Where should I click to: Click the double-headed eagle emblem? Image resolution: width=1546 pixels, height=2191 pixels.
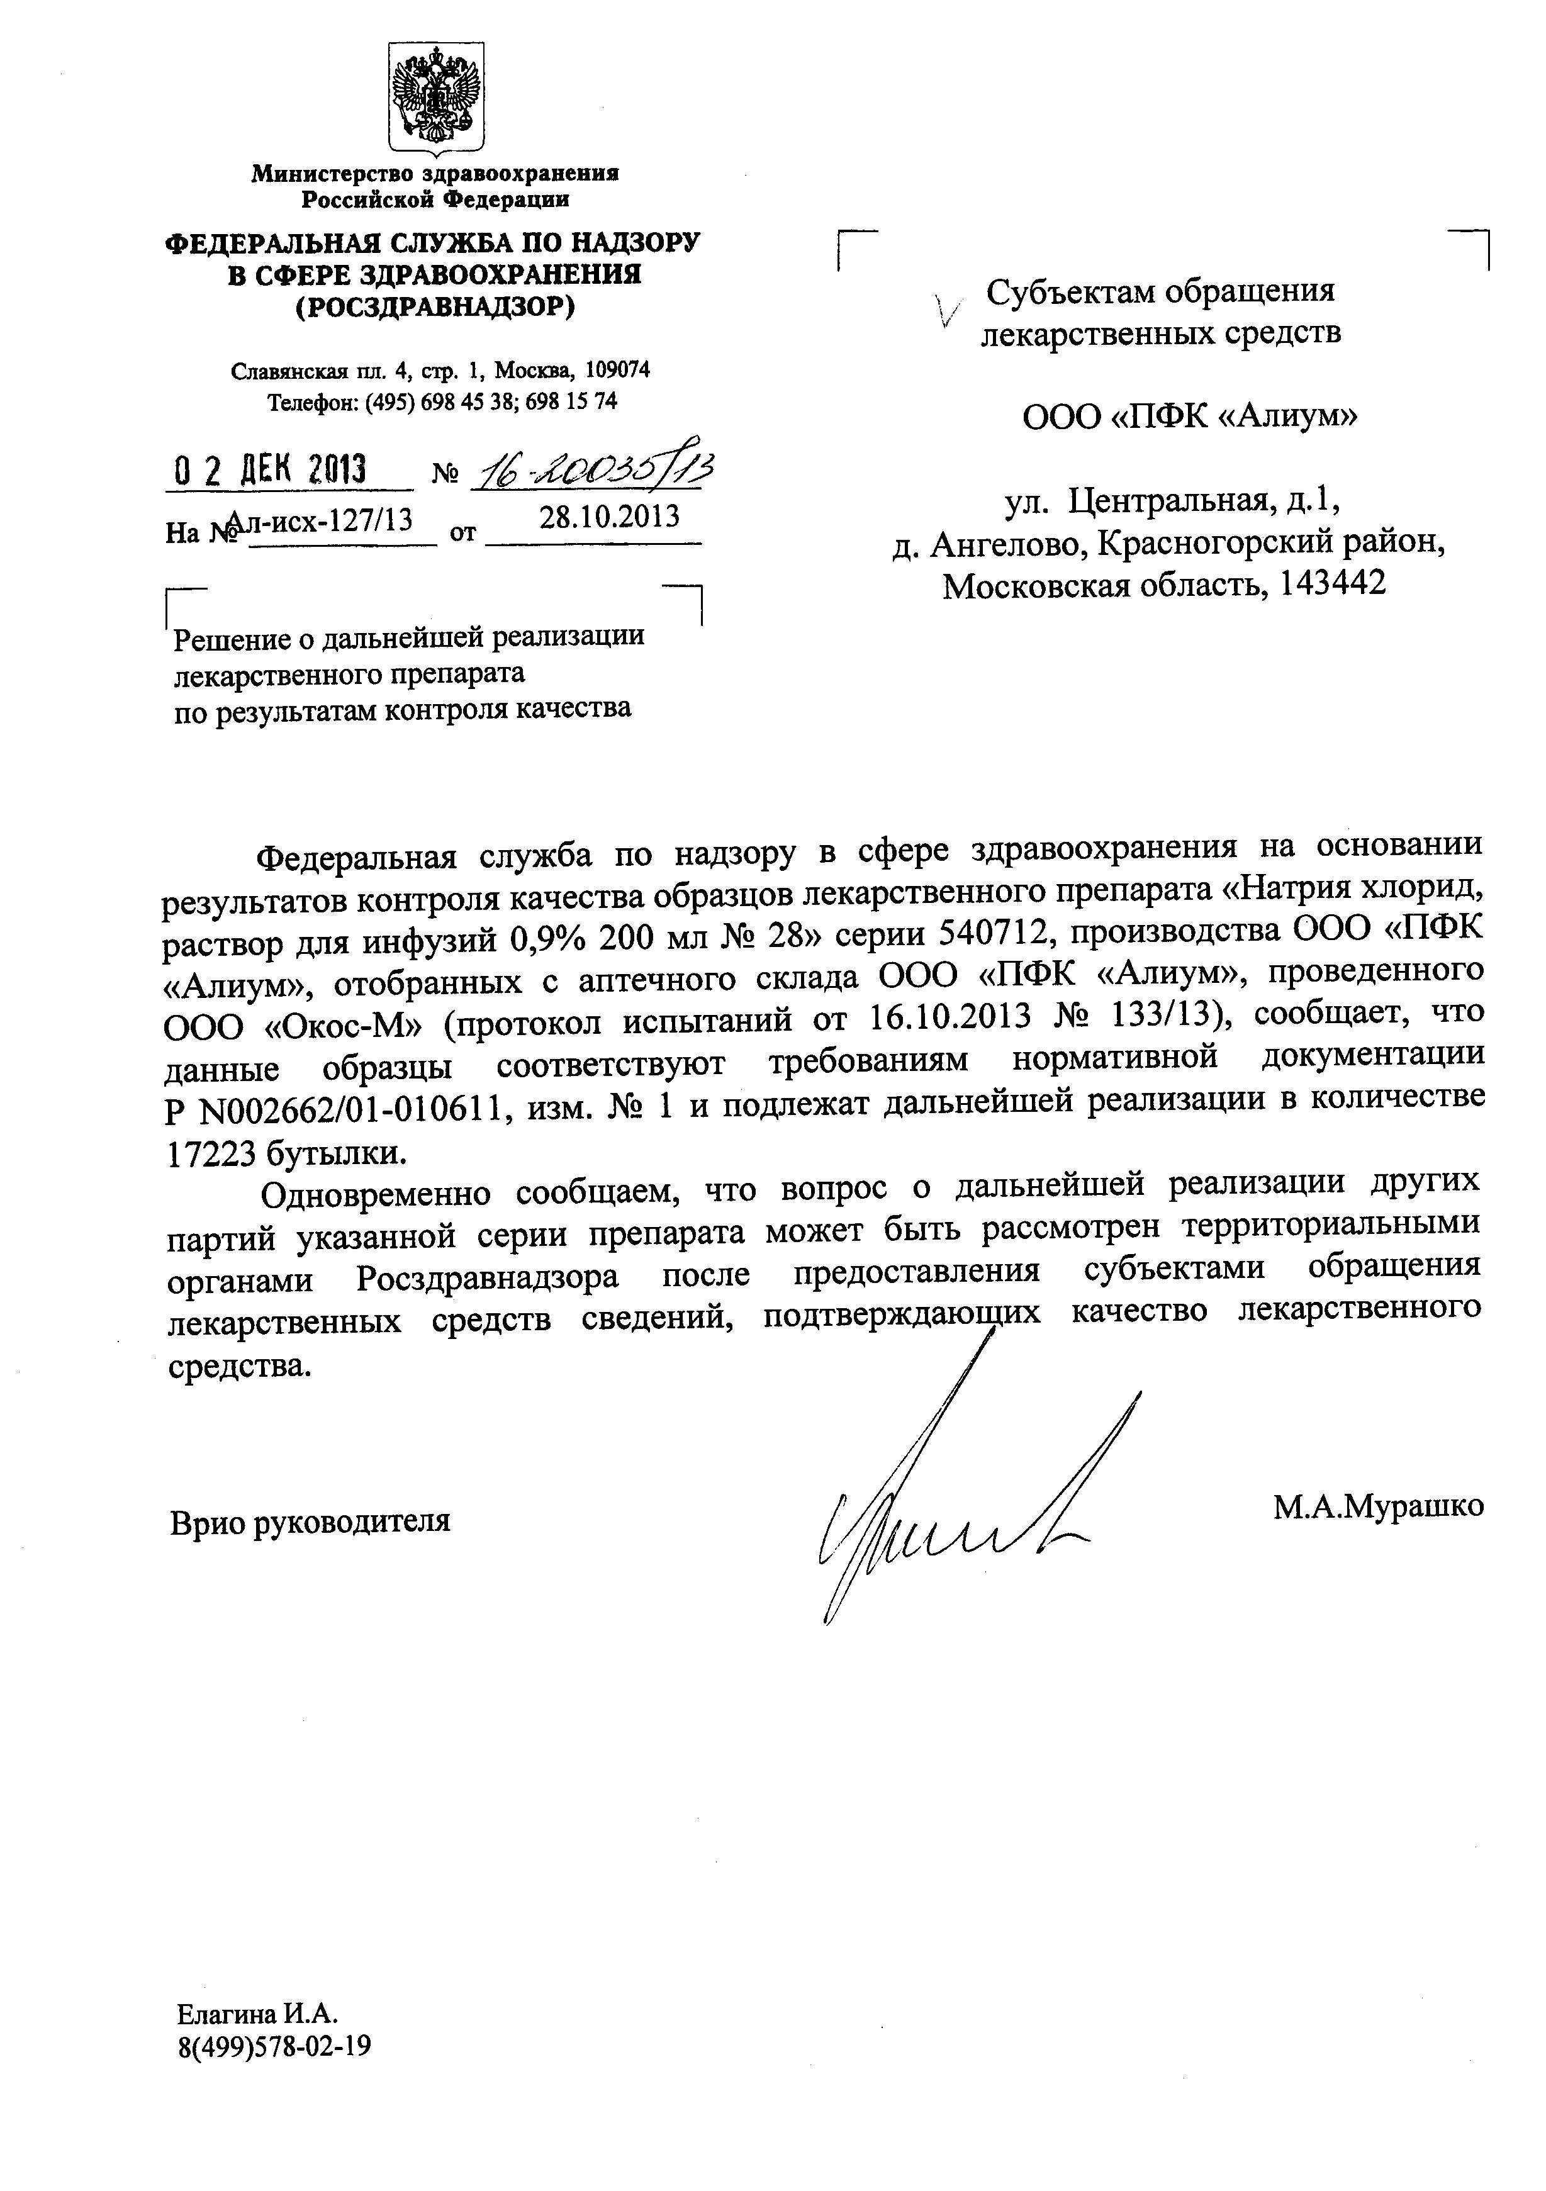[x=435, y=96]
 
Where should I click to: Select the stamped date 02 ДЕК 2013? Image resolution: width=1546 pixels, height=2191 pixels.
[x=271, y=471]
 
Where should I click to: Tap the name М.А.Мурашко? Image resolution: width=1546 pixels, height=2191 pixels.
[x=1377, y=1506]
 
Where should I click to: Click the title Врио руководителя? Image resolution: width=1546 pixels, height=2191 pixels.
[x=310, y=1521]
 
